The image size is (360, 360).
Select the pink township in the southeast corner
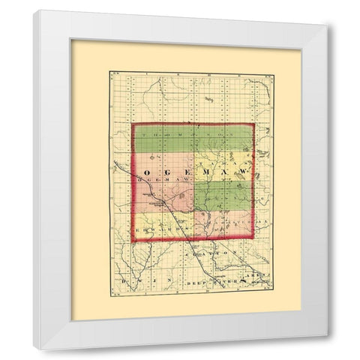[x=225, y=225]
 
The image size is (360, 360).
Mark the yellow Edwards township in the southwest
[x=161, y=229]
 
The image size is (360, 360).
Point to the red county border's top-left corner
[x=133, y=124]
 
